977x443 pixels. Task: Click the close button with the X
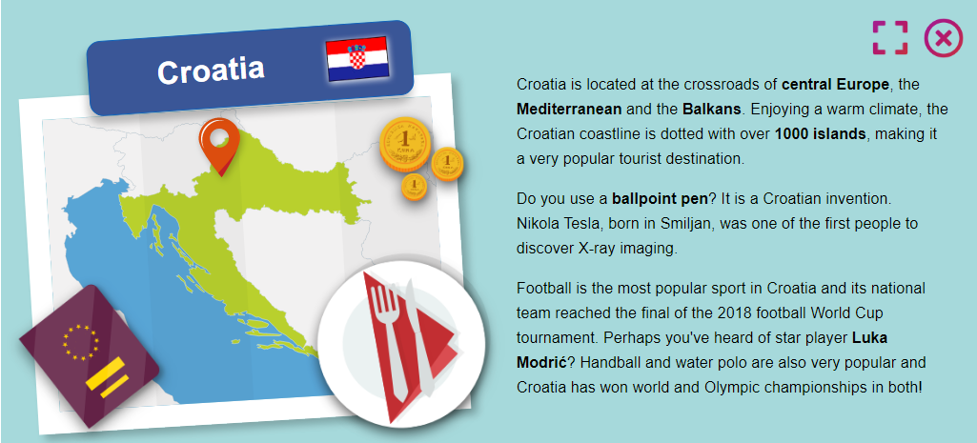[x=944, y=39]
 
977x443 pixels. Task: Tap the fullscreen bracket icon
[x=889, y=38]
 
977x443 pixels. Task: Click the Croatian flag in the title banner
[x=357, y=58]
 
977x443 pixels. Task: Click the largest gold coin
[x=406, y=144]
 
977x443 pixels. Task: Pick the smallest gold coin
[x=414, y=187]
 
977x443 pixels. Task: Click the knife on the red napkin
[x=420, y=337]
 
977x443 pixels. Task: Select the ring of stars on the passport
[x=80, y=341]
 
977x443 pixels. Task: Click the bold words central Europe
[x=836, y=84]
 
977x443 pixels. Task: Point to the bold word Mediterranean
[x=569, y=109]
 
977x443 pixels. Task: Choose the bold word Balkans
[x=712, y=109]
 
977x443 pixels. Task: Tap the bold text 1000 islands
[x=821, y=134]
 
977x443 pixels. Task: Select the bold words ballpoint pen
[x=660, y=199]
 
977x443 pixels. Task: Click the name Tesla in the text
[x=583, y=223]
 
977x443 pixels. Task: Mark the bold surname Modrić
[x=542, y=362]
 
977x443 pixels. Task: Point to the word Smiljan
[x=688, y=223]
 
